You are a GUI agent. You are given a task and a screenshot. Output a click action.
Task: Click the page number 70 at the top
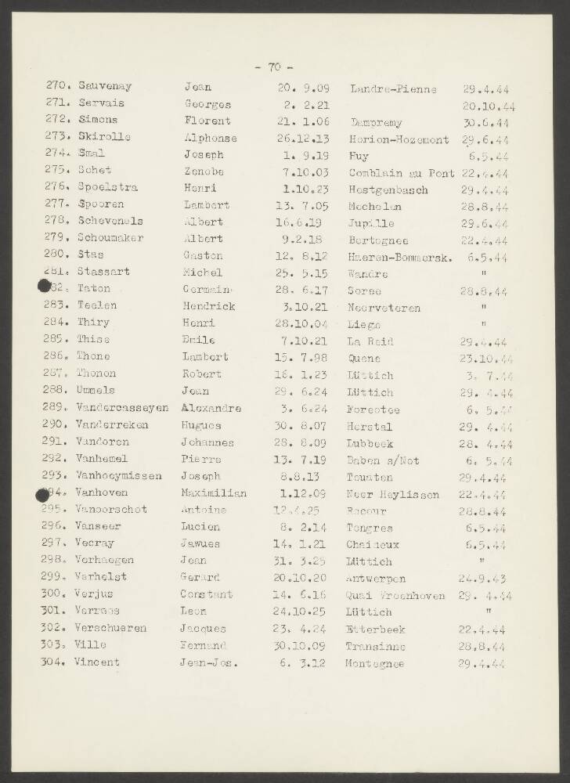[275, 67]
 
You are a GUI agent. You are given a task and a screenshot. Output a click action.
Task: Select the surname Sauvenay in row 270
[105, 87]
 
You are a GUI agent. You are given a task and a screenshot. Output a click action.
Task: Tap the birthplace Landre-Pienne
[393, 88]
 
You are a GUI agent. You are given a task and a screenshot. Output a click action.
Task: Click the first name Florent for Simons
[207, 121]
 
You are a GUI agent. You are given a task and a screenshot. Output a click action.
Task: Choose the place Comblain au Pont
[402, 172]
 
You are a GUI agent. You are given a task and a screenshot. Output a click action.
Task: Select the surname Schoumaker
[110, 238]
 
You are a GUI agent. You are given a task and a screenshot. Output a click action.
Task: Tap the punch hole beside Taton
[45, 287]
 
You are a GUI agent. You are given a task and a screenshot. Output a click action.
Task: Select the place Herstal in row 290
[370, 425]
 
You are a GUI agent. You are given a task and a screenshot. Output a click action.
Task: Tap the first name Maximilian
[214, 493]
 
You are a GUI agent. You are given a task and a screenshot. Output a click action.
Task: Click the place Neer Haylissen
[393, 495]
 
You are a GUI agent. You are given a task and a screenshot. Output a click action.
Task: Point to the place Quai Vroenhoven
[395, 595]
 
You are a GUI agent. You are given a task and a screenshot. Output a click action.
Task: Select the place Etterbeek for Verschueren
[375, 628]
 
